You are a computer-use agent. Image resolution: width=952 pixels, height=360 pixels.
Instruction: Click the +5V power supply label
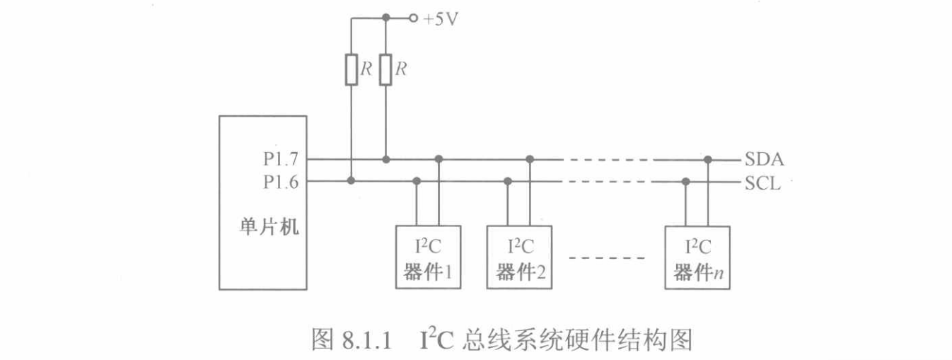pos(441,19)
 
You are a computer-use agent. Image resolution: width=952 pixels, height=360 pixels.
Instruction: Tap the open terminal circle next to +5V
pos(412,18)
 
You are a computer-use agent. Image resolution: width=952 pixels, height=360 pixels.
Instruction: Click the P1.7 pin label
pos(281,160)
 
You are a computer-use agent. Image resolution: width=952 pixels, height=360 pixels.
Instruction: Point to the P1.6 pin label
pos(281,182)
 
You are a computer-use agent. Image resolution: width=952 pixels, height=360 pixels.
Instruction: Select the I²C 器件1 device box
pos(428,257)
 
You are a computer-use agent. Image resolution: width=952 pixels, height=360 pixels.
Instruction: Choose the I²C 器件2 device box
pos(519,257)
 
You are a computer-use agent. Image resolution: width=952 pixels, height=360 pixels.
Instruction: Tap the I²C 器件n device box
pos(697,257)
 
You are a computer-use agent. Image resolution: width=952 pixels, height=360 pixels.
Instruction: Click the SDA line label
pos(763,160)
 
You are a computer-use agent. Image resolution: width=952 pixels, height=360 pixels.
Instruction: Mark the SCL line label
pos(762,183)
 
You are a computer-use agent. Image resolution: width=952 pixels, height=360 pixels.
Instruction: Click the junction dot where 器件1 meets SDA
pos(439,159)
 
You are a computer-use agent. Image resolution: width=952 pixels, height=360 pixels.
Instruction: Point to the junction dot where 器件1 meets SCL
pos(417,182)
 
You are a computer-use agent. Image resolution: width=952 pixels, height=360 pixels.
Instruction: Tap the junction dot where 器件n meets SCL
pos(685,182)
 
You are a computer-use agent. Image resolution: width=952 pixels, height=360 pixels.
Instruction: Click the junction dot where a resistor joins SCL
pos(351,182)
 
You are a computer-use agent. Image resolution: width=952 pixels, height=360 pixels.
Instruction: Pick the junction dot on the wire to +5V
pos(385,18)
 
